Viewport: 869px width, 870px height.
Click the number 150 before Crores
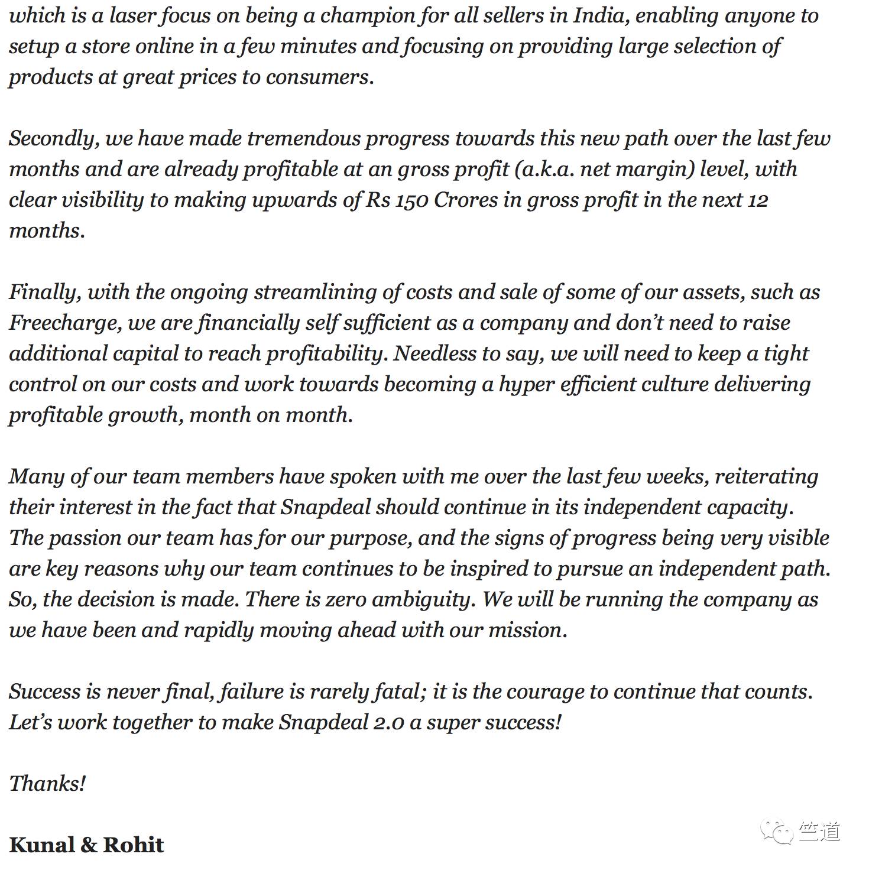(411, 200)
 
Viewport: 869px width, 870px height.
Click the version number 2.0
(389, 723)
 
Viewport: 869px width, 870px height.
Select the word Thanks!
(47, 784)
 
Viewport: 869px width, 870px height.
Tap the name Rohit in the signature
(134, 845)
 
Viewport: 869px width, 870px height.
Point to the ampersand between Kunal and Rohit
(89, 845)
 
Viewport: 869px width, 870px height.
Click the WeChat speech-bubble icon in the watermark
(777, 832)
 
